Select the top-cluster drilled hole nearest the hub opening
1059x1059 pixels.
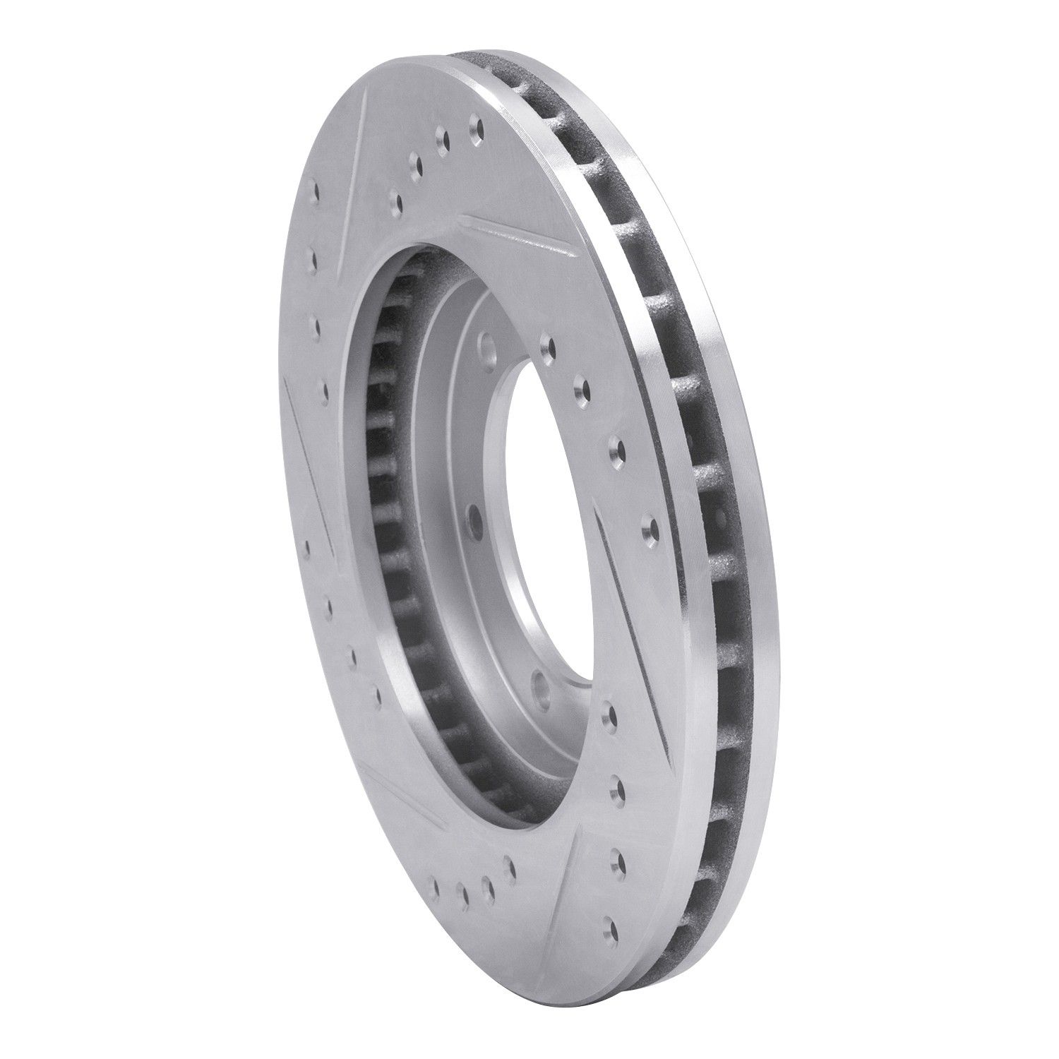pyautogui.click(x=396, y=203)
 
